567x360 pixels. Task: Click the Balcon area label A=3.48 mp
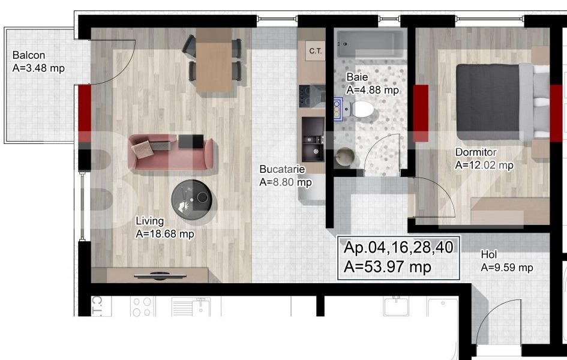coord(38,68)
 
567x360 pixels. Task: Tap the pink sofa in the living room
coord(170,150)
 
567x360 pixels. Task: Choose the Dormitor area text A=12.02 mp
coord(484,166)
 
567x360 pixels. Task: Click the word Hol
coord(488,255)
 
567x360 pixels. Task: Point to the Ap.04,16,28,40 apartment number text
coord(398,247)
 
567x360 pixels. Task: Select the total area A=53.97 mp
coord(388,267)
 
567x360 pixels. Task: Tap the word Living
coord(149,221)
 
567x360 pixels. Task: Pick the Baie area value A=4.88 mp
coord(373,90)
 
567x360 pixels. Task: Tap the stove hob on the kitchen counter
coord(311,94)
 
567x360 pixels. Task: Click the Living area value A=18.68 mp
coord(165,234)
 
